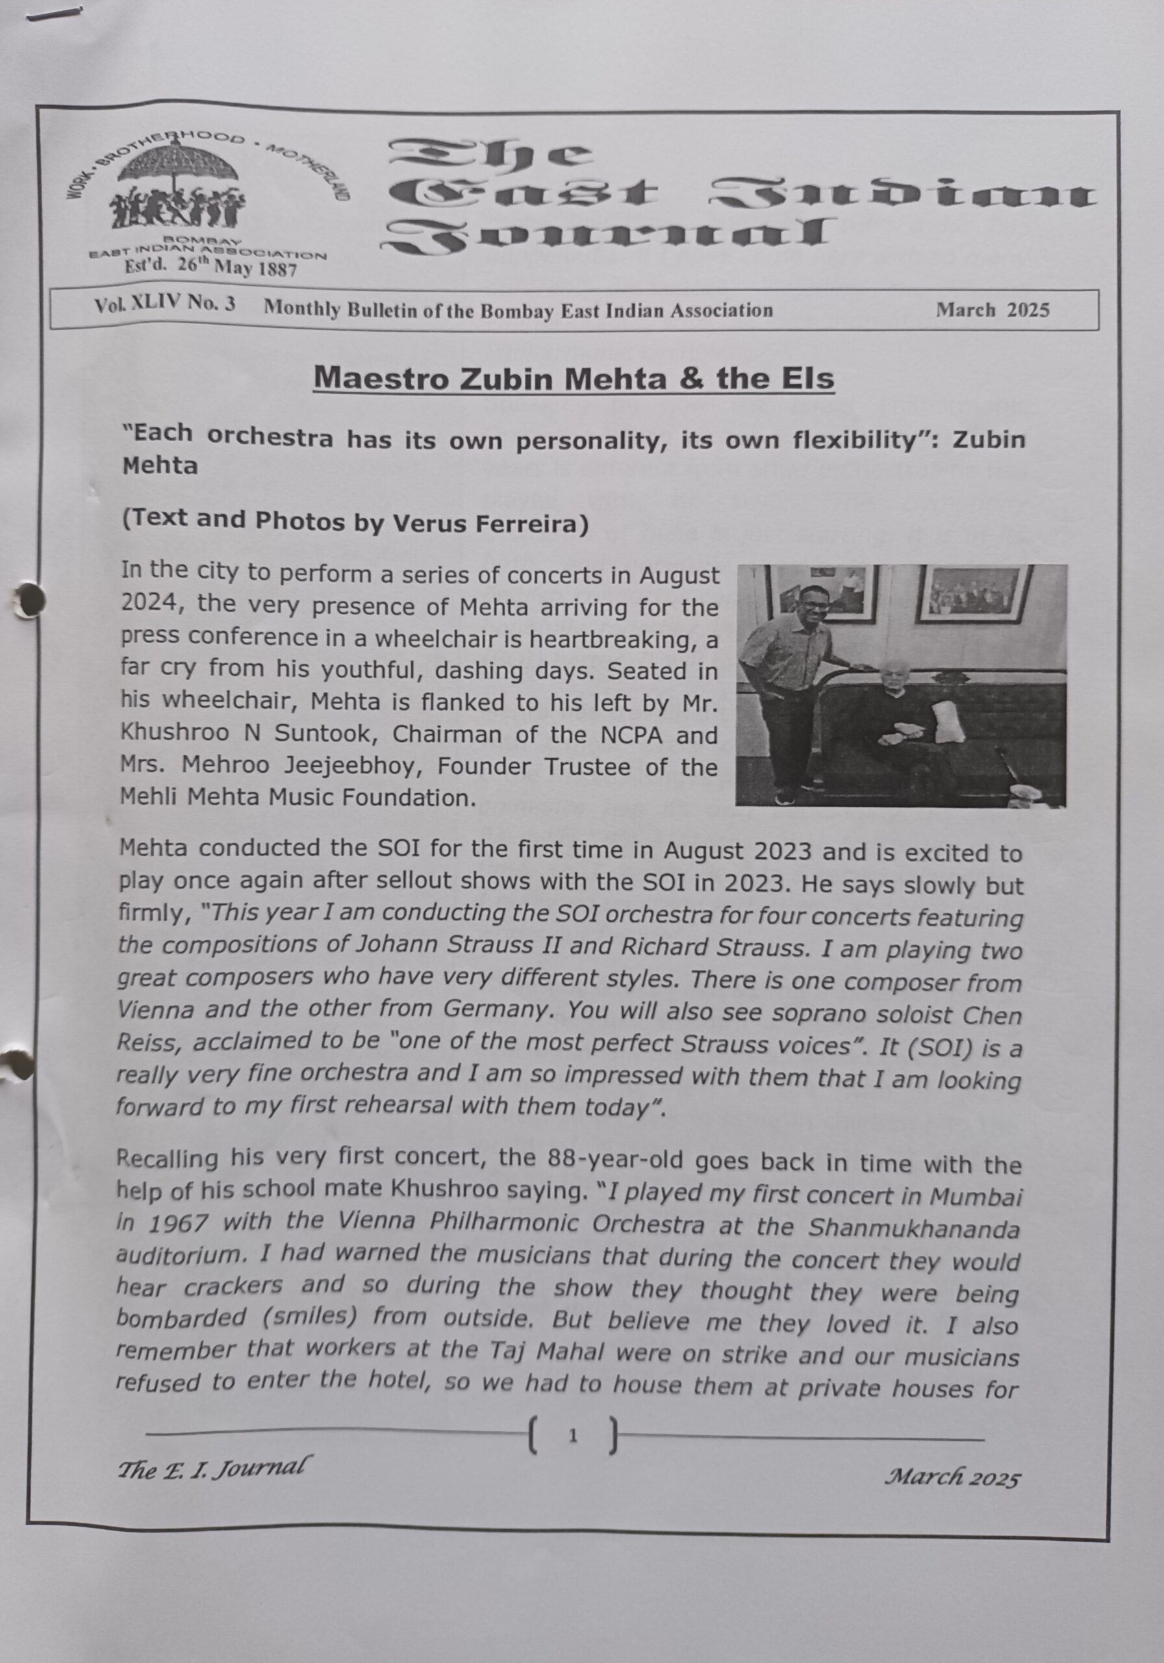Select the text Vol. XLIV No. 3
pyautogui.click(x=164, y=304)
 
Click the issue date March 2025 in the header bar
pyautogui.click(x=992, y=310)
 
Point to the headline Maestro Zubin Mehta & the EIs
pyautogui.click(x=574, y=378)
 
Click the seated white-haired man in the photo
pyautogui.click(x=905, y=717)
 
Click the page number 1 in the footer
pyautogui.click(x=574, y=1435)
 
